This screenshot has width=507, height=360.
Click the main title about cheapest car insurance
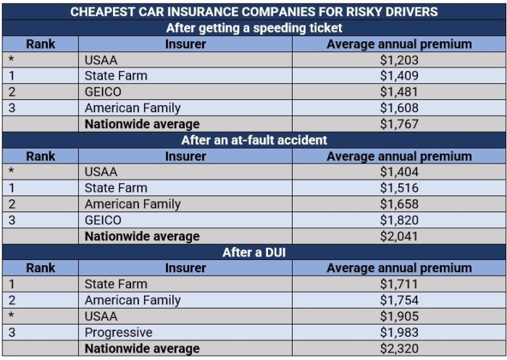pyautogui.click(x=253, y=12)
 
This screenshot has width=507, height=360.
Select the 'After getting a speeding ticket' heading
pyautogui.click(x=253, y=28)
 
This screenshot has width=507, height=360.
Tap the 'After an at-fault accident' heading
pyautogui.click(x=253, y=140)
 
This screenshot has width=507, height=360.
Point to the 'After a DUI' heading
pyautogui.click(x=253, y=252)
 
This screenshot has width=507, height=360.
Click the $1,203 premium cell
pyautogui.click(x=399, y=60)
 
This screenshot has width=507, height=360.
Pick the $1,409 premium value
pyautogui.click(x=399, y=76)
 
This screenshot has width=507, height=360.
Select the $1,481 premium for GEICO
pyautogui.click(x=399, y=92)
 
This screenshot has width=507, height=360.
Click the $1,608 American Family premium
pyautogui.click(x=399, y=108)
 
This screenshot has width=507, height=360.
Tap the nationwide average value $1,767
pyautogui.click(x=399, y=124)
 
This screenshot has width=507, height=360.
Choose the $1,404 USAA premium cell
pyautogui.click(x=399, y=172)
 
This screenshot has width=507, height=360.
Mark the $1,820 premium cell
pyautogui.click(x=399, y=220)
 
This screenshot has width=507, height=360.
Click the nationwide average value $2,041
pyautogui.click(x=399, y=236)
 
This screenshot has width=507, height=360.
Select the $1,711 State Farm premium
pyautogui.click(x=399, y=284)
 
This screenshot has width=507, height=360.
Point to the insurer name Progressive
pyautogui.click(x=119, y=332)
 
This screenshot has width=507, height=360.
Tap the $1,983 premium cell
pyautogui.click(x=399, y=332)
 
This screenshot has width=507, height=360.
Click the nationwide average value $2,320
pyautogui.click(x=399, y=348)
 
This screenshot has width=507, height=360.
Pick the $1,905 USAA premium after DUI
pyautogui.click(x=399, y=317)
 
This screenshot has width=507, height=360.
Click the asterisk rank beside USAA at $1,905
pyautogui.click(x=11, y=317)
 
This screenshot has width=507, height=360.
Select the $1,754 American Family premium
pyautogui.click(x=399, y=300)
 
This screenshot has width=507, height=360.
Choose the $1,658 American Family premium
pyautogui.click(x=399, y=204)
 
